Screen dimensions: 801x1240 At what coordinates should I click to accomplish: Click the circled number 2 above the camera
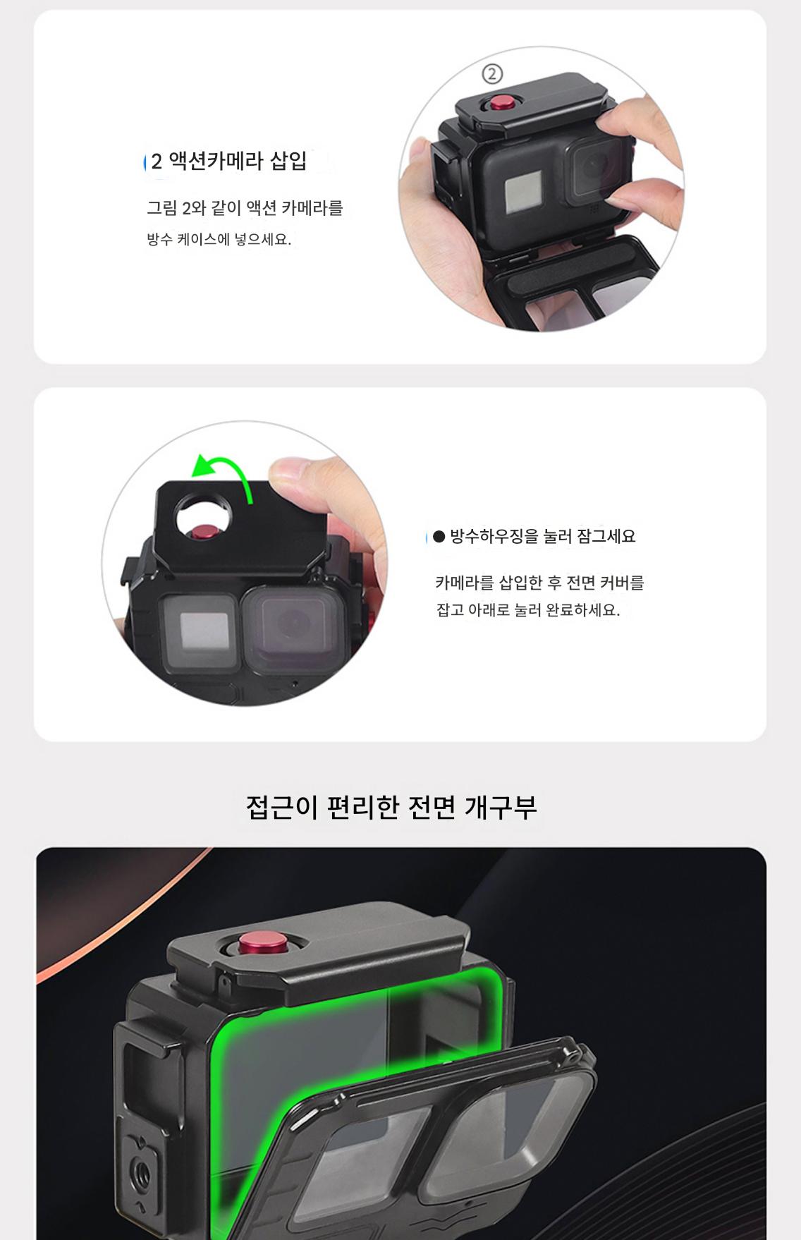(x=492, y=73)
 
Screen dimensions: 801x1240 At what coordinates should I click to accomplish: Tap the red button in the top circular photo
(x=502, y=102)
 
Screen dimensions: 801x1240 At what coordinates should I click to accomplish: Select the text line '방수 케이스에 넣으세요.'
(x=219, y=239)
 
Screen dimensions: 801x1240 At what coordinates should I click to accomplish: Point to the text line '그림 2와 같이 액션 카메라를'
(x=245, y=208)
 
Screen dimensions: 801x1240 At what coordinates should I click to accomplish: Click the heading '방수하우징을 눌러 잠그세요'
(x=543, y=537)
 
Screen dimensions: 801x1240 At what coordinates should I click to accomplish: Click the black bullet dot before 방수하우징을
(x=439, y=537)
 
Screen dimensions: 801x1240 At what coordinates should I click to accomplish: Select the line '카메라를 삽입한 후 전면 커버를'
(x=539, y=583)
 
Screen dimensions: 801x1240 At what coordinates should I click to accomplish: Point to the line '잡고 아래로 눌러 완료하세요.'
(x=528, y=610)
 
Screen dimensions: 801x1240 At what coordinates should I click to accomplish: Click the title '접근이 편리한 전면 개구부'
(x=391, y=807)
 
